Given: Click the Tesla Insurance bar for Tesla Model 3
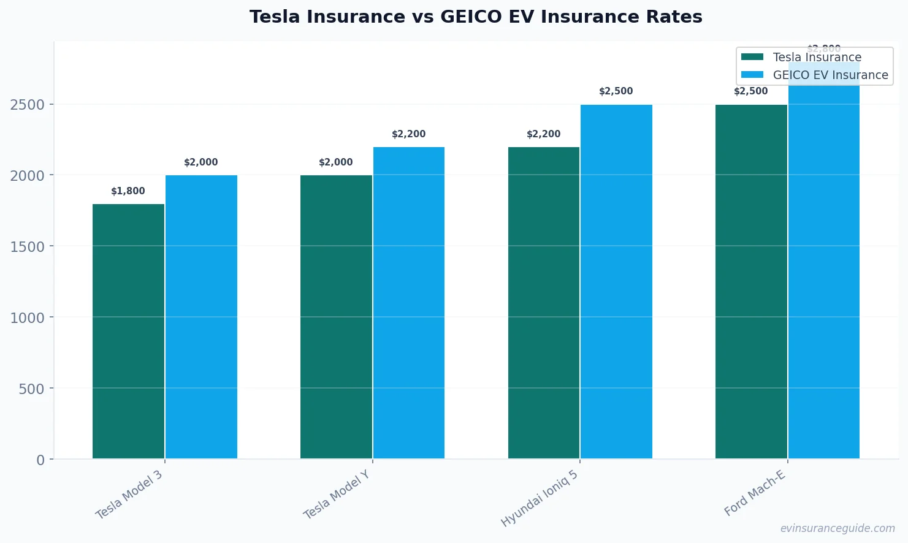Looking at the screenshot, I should (x=128, y=331).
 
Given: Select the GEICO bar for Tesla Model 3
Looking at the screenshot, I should (x=201, y=317).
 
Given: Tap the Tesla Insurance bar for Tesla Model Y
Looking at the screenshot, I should (x=336, y=317).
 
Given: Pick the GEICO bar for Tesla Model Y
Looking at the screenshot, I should (x=409, y=303).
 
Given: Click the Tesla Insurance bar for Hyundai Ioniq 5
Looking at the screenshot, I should (x=544, y=303).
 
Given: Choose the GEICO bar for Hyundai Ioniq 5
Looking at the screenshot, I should (x=616, y=281).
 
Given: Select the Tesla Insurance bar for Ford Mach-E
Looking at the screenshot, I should (x=751, y=281).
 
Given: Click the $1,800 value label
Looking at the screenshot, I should (x=128, y=191).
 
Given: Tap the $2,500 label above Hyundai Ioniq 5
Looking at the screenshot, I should (x=616, y=91).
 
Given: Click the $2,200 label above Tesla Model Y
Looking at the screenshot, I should (x=408, y=134).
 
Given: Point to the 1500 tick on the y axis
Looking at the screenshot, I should (x=28, y=246).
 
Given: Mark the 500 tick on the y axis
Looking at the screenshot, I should (x=32, y=389).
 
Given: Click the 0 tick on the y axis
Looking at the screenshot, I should (x=40, y=460).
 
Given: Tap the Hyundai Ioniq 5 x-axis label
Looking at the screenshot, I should (x=540, y=499).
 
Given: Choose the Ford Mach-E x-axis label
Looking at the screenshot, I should (x=755, y=494).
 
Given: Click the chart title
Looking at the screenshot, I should (x=476, y=17).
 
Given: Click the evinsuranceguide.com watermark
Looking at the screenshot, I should (x=837, y=528).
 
